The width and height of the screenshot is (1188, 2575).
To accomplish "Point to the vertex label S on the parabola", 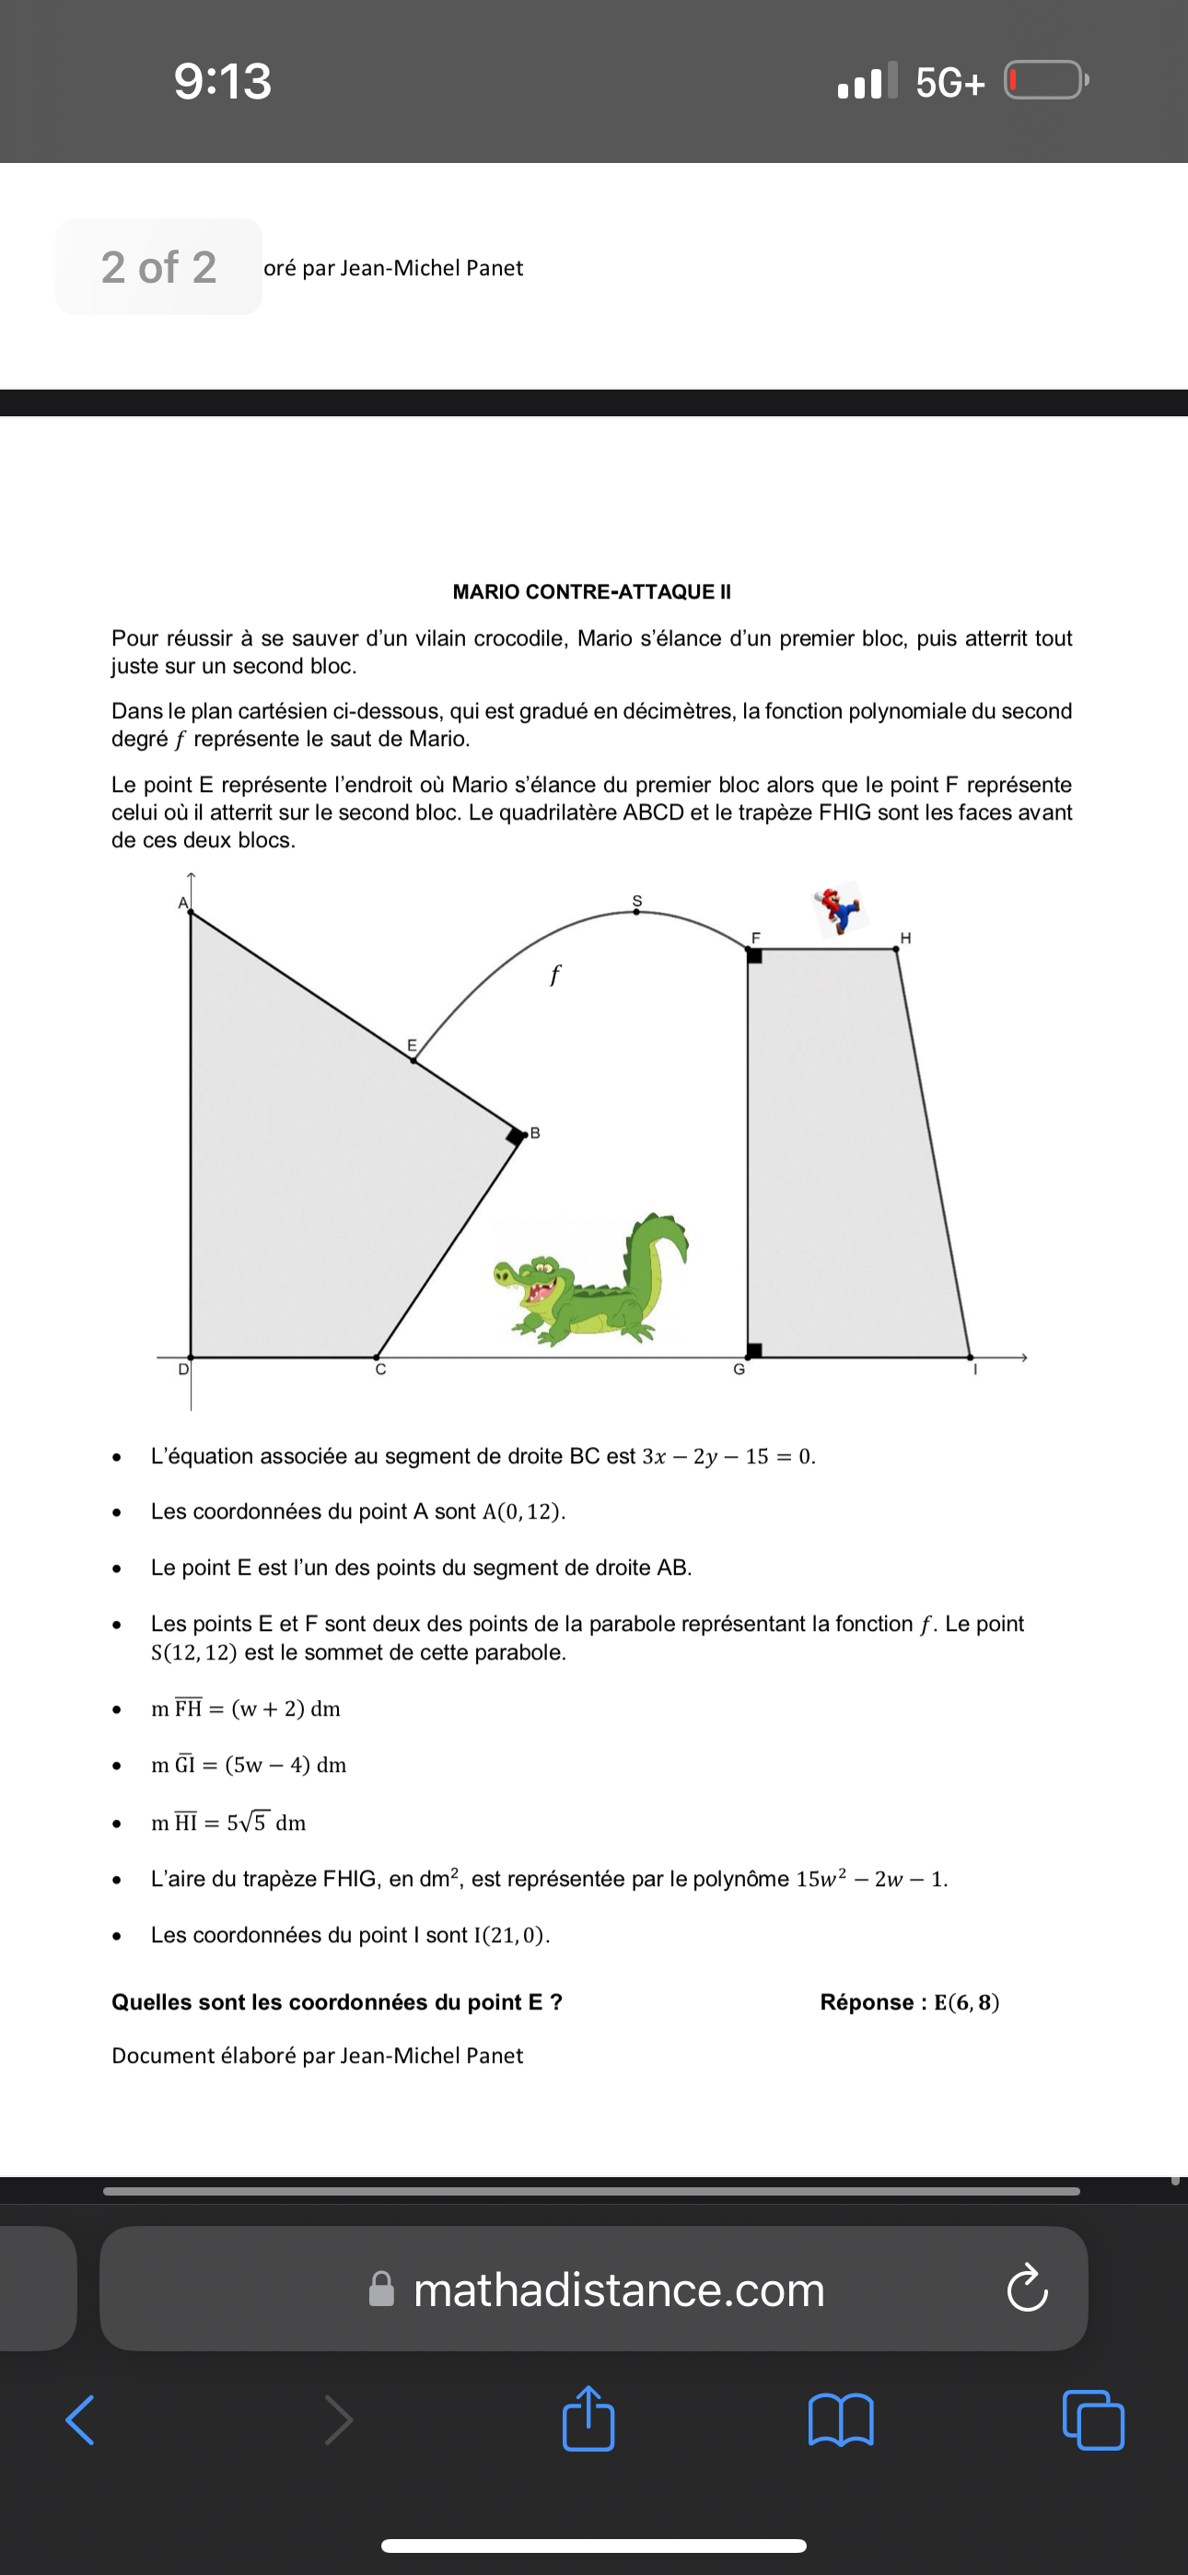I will [x=636, y=900].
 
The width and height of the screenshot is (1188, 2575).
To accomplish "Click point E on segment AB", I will [x=414, y=1060].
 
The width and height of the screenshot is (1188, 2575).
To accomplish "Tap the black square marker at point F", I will [x=755, y=956].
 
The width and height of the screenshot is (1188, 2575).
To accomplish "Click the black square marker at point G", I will [x=755, y=1350].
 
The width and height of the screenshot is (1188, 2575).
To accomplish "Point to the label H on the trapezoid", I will [x=905, y=938].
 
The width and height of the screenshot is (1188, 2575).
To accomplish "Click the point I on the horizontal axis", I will [x=969, y=1357].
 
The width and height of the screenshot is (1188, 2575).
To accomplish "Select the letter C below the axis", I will [x=380, y=1370].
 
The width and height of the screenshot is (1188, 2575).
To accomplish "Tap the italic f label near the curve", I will [x=555, y=973].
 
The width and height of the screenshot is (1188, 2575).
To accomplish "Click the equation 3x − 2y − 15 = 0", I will [x=728, y=1456].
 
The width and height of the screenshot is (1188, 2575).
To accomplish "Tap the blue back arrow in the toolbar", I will [x=80, y=2419].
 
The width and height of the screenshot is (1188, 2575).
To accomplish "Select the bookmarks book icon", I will [x=841, y=2419].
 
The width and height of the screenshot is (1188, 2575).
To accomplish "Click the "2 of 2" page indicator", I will [x=159, y=267].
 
